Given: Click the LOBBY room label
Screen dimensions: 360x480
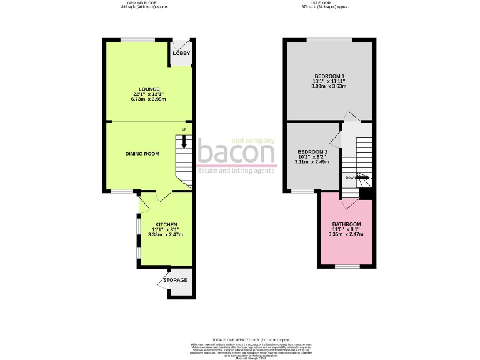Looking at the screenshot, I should pyautogui.click(x=181, y=53).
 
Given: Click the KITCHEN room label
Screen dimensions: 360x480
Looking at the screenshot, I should pyautogui.click(x=166, y=224).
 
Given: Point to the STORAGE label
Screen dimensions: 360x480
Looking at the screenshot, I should pyautogui.click(x=175, y=280).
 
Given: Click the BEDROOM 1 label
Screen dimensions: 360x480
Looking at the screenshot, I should pyautogui.click(x=329, y=75).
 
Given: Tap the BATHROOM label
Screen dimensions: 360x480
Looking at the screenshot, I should pyautogui.click(x=346, y=224).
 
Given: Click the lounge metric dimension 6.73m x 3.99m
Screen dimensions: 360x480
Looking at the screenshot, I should pyautogui.click(x=149, y=99).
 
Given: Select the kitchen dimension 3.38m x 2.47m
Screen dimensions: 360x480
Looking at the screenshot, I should pyautogui.click(x=166, y=234).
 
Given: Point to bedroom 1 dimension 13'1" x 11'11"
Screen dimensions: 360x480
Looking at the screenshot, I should pyautogui.click(x=329, y=81).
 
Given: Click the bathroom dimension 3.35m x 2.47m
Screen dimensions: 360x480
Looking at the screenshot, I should pyautogui.click(x=346, y=234).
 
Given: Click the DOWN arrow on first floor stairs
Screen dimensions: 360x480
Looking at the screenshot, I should pyautogui.click(x=361, y=177).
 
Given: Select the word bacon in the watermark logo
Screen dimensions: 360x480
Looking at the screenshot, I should pyautogui.click(x=236, y=152).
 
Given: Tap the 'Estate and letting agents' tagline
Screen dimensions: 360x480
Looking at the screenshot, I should pyautogui.click(x=236, y=170).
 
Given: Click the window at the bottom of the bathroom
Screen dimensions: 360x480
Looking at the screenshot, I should pyautogui.click(x=347, y=267).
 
